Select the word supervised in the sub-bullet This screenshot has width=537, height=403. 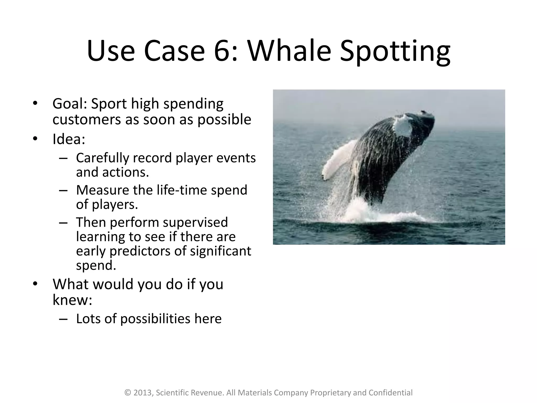(195, 223)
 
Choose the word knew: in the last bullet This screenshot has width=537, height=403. (72, 299)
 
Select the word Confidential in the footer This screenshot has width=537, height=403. (390, 393)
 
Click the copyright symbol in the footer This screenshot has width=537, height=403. (128, 393)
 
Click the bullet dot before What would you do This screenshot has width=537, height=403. (35, 284)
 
